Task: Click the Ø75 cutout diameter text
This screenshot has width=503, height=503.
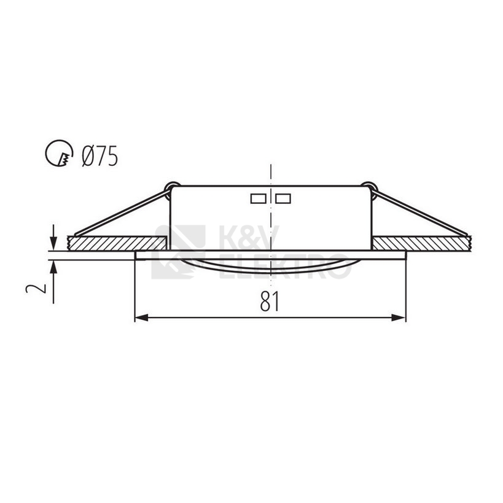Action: coord(99,156)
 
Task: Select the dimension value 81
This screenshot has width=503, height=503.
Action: coord(268,301)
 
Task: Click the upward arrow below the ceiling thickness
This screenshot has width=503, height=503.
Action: coord(54,266)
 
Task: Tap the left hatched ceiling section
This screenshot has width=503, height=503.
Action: coord(117,243)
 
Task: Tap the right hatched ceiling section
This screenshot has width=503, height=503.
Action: coord(424,243)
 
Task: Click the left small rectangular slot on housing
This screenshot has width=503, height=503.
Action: coord(258,198)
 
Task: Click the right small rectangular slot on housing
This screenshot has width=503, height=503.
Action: coord(283,198)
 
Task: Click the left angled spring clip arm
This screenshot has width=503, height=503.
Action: coord(120,211)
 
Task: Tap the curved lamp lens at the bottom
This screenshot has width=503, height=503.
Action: coord(270,266)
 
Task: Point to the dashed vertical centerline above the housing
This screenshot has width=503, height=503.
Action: coord(270,172)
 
